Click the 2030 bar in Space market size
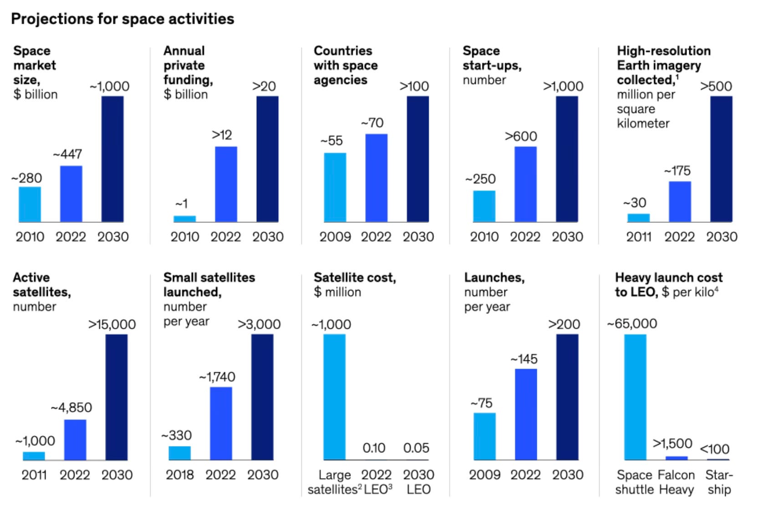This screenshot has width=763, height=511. (112, 159)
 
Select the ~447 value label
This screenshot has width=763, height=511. (68, 155)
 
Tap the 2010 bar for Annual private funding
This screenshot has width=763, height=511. (184, 219)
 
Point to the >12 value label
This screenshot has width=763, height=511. (222, 135)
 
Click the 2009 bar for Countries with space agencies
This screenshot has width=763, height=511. (335, 187)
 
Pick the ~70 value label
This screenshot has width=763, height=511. (372, 123)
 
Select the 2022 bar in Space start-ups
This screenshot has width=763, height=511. (525, 184)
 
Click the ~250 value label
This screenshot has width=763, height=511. (480, 179)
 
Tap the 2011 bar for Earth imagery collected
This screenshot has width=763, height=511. (638, 218)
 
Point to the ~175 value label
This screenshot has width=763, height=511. (677, 171)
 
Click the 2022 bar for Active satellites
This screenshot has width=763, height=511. (75, 440)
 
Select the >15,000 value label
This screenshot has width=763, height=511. (112, 325)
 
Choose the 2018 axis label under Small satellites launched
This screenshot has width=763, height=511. (180, 475)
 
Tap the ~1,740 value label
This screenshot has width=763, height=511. (217, 377)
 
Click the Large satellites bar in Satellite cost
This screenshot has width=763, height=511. (335, 397)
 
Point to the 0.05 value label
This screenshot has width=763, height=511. (416, 448)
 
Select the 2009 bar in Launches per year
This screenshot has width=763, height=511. (484, 436)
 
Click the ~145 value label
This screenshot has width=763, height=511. (524, 360)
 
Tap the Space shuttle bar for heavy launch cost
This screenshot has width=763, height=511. (635, 397)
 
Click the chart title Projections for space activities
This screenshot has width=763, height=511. (122, 19)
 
